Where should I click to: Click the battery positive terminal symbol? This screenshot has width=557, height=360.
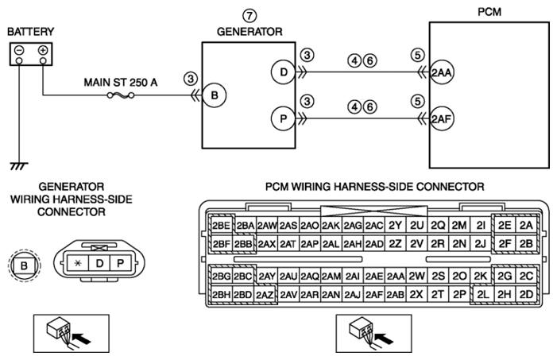coord(43,50)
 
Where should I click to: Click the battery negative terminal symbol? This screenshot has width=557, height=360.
coord(19,50)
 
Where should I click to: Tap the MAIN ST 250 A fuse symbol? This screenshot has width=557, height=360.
coord(121,95)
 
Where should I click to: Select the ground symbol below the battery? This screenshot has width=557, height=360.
coord(19,166)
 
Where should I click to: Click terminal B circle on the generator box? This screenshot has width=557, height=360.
coord(215,95)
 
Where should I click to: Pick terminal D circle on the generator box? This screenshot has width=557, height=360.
coord(283,72)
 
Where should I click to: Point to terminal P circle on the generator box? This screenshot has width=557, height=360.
coord(283,118)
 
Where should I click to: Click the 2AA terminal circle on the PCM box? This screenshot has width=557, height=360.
coord(442,72)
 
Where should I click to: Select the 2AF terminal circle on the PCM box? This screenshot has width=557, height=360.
coord(442,118)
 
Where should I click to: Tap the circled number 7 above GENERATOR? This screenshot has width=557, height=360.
coord(249,16)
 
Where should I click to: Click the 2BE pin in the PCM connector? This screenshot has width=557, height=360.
coord(222,226)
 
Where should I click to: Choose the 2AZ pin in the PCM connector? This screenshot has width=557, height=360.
coord(265,295)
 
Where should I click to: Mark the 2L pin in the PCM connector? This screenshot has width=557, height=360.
coord(482,294)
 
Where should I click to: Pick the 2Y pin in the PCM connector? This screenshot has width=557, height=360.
coord(395,226)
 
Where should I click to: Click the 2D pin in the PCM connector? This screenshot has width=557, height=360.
coord(526,294)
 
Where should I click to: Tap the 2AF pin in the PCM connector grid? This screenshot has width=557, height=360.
coord(373,294)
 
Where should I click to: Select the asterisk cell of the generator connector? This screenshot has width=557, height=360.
coord(77,263)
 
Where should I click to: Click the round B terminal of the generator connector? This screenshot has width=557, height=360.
coord(24,265)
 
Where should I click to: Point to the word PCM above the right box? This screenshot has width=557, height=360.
coord(489,12)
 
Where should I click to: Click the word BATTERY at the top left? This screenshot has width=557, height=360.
coord(30,32)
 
